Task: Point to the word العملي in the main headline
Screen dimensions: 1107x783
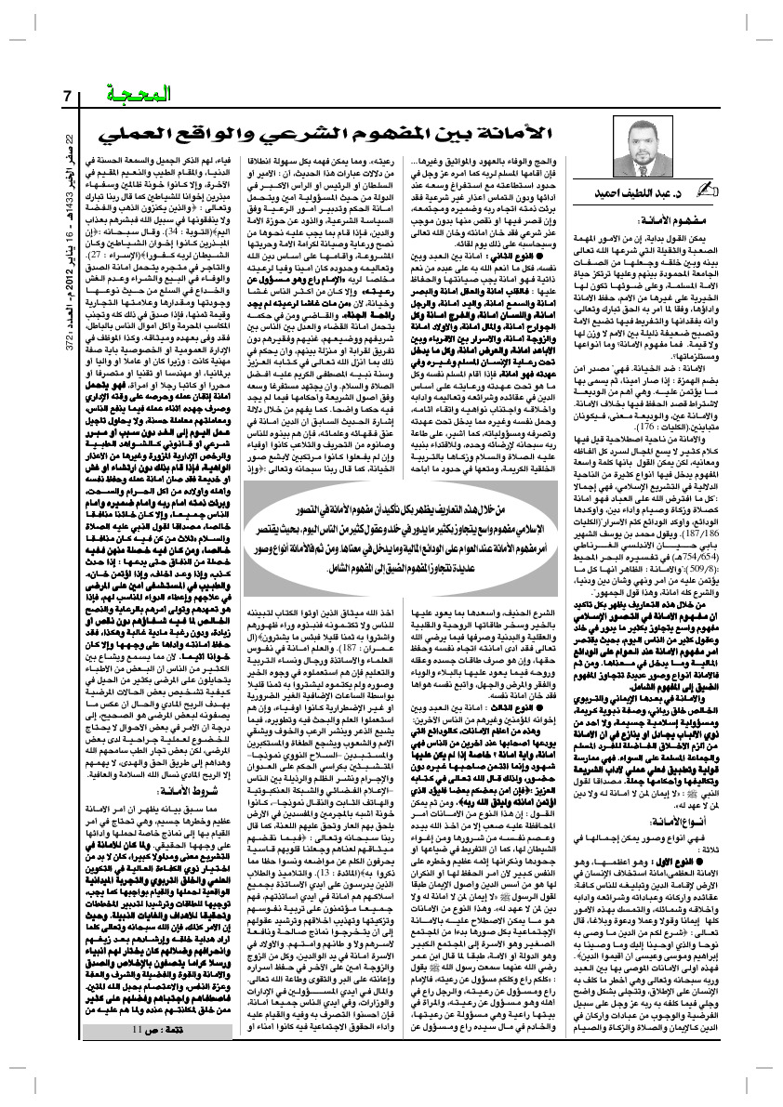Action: pyautogui.click(x=139, y=132)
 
